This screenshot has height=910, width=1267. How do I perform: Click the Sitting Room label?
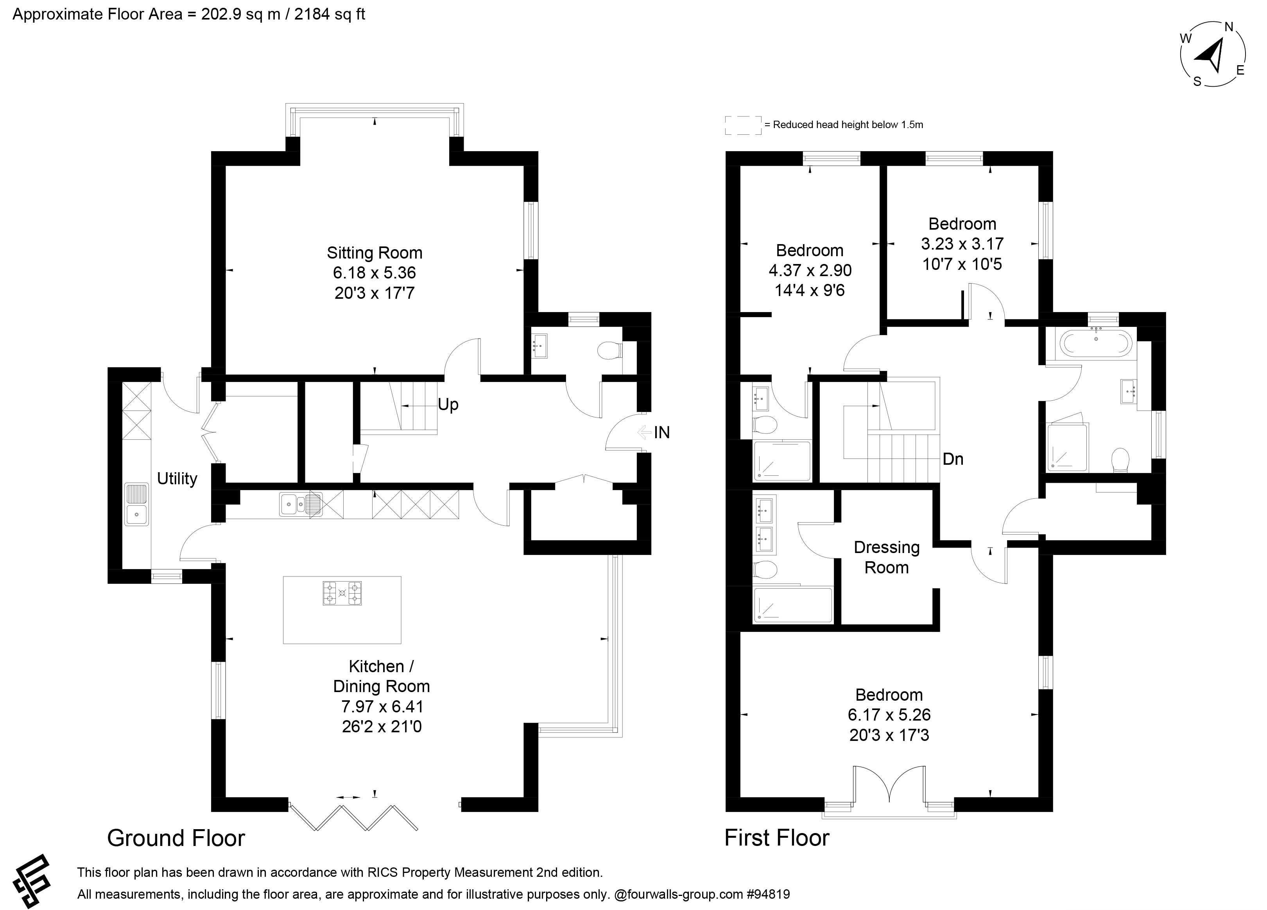pyautogui.click(x=374, y=253)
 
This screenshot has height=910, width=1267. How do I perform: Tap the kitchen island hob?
pyautogui.click(x=342, y=594)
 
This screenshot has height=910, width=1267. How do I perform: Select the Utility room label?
pyautogui.click(x=177, y=478)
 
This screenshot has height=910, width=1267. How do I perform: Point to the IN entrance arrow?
pyautogui.click(x=645, y=432)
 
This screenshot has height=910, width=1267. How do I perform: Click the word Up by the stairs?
pyautogui.click(x=448, y=404)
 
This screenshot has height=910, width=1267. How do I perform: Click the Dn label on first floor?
pyautogui.click(x=953, y=459)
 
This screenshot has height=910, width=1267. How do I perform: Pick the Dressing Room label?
pyautogui.click(x=887, y=557)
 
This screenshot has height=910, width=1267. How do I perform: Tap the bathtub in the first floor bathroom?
pyautogui.click(x=1096, y=343)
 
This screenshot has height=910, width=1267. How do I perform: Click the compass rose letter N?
pyautogui.click(x=1229, y=27)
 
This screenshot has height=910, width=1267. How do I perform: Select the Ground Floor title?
pyautogui.click(x=176, y=838)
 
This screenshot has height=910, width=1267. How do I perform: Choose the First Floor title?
pyautogui.click(x=777, y=838)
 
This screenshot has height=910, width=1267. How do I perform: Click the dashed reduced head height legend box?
pyautogui.click(x=743, y=125)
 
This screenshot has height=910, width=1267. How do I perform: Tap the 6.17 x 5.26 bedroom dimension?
pyautogui.click(x=889, y=715)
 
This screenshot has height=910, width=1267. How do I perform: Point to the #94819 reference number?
pyautogui.click(x=768, y=894)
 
